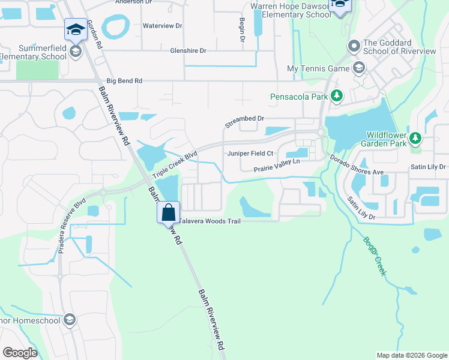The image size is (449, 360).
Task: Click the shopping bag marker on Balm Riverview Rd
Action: [169, 212]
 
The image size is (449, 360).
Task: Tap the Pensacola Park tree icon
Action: [337, 95]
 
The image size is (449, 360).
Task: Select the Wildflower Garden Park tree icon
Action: [415, 139]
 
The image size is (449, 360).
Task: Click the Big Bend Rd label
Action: [124, 80]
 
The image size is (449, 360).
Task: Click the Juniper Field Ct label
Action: [250, 154]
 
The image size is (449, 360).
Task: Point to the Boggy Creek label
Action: [373, 256]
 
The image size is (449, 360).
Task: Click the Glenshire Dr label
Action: [188, 51]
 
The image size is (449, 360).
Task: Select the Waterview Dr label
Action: [161, 26]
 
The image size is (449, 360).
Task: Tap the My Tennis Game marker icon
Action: [359, 68]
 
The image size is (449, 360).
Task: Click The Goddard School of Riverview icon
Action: [354, 46]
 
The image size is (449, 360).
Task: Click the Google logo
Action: [20, 353]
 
